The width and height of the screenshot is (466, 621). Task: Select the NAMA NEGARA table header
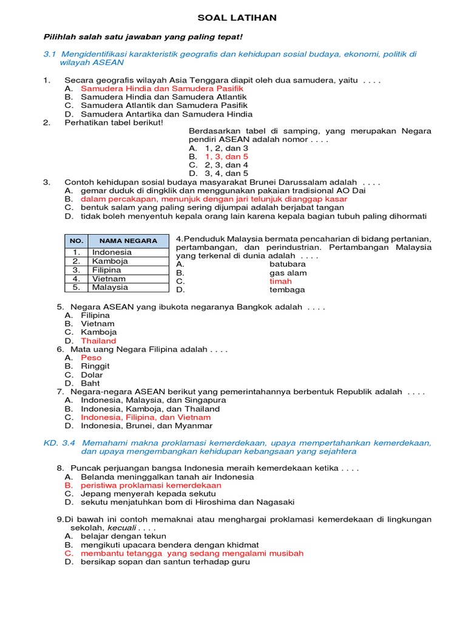click(128, 241)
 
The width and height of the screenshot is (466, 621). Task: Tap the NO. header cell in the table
click(76, 241)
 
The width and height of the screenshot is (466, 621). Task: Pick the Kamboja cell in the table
click(110, 261)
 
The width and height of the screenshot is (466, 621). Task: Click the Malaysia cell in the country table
click(110, 287)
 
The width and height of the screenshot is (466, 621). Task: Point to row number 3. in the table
click(76, 270)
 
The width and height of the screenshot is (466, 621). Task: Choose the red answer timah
click(280, 281)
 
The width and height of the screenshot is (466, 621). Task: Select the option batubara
click(288, 264)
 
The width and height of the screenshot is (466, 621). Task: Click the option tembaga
click(288, 290)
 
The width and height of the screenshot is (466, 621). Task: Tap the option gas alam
click(288, 273)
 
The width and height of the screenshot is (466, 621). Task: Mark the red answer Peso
click(91, 358)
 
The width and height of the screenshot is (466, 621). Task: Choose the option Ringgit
click(95, 366)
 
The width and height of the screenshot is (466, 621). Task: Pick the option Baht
click(91, 383)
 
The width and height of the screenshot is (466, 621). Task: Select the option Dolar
click(92, 375)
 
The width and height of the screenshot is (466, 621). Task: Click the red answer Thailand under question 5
click(98, 341)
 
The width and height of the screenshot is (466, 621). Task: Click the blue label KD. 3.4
click(59, 443)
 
